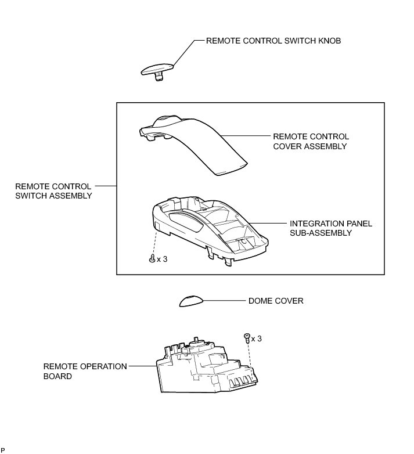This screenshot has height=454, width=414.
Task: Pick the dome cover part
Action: pyautogui.click(x=191, y=300)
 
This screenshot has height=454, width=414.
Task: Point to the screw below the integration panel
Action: pyautogui.click(x=152, y=258)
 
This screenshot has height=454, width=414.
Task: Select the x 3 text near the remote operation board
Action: pyautogui.click(x=256, y=338)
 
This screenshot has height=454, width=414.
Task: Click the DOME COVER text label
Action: pyautogui.click(x=276, y=301)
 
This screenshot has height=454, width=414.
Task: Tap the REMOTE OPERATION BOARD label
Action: pyautogui.click(x=77, y=371)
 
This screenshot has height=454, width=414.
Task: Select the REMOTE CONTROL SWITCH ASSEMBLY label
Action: pyautogui.click(x=53, y=191)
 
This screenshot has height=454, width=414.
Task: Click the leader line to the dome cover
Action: pyautogui.click(x=224, y=301)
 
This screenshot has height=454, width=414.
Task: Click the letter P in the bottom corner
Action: pyautogui.click(x=3, y=450)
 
